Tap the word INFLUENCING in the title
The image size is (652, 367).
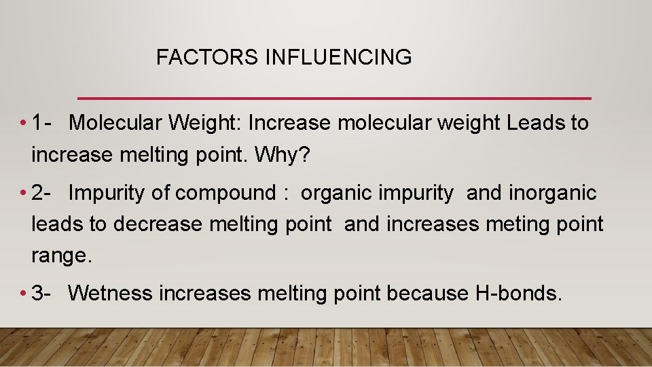tap(338, 58)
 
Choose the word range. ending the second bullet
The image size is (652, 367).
tap(60, 256)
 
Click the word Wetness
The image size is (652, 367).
tap(110, 293)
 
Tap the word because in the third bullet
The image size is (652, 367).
tap(424, 293)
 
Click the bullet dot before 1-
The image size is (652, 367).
tap(23, 124)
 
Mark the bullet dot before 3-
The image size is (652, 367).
tap(23, 294)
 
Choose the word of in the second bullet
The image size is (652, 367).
tap(161, 193)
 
